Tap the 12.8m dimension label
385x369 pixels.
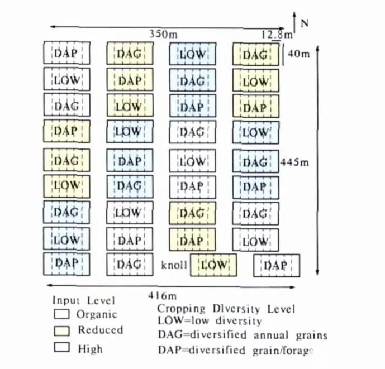coord(277,35)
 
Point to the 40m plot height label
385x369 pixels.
coord(300,54)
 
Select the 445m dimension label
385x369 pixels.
coord(296,162)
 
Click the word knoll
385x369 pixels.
coord(174,265)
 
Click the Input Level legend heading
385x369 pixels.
coord(84,300)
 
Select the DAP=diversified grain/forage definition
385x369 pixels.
coord(237,351)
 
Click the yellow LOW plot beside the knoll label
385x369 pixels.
coord(213,265)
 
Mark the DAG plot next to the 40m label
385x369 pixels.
coord(255,55)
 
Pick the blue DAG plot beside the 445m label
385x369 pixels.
coord(255,162)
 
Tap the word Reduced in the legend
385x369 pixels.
coord(100,330)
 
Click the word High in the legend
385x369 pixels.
coord(90,348)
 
